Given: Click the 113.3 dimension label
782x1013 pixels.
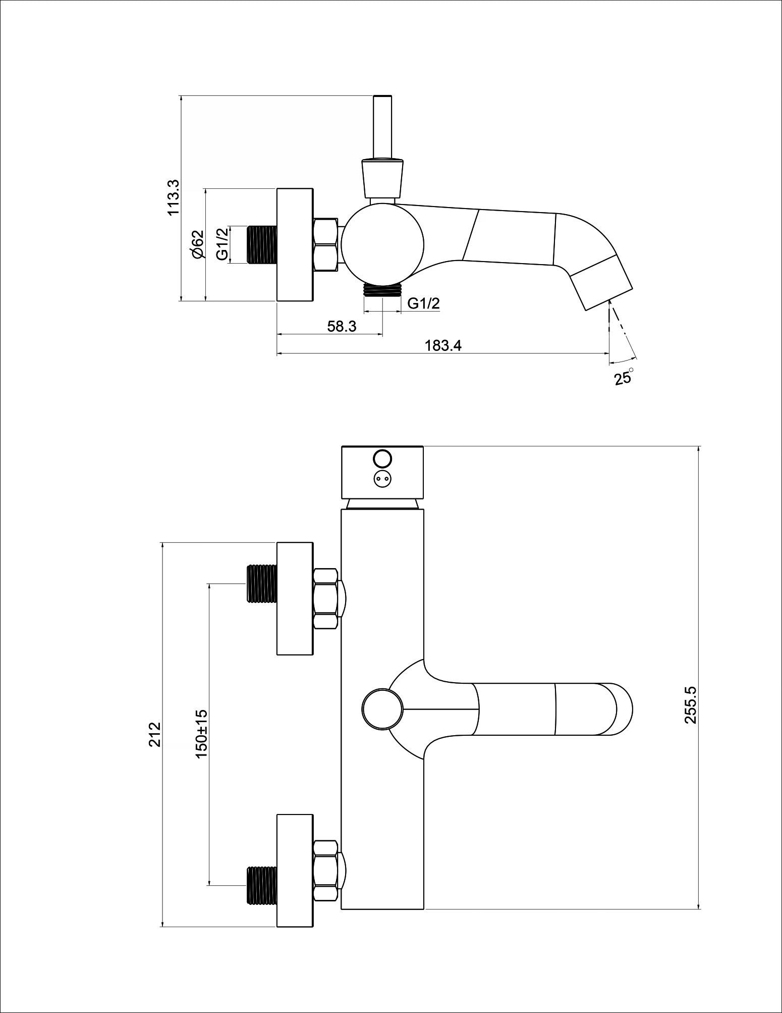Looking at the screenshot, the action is click(x=174, y=197).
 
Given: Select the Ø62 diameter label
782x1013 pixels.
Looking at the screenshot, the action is click(x=197, y=244).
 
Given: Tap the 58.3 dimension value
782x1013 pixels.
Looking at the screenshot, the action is click(x=342, y=326).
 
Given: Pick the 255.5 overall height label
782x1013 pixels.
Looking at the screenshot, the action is click(x=690, y=704).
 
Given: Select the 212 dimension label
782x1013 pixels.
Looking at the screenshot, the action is click(x=154, y=734).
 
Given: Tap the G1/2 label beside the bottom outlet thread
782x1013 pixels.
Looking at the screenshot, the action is click(x=424, y=303).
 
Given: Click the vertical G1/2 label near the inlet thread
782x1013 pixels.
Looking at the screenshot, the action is click(x=222, y=244).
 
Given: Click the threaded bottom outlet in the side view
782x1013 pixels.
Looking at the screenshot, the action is click(x=383, y=289).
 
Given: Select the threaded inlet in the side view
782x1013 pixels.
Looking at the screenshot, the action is click(x=262, y=244).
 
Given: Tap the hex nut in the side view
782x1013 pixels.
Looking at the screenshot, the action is click(x=325, y=245).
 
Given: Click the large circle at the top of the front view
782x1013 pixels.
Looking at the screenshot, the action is click(x=382, y=458).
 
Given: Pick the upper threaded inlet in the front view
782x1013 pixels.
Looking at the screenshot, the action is click(x=262, y=583).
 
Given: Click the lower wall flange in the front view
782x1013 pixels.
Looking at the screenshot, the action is click(x=295, y=870).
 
